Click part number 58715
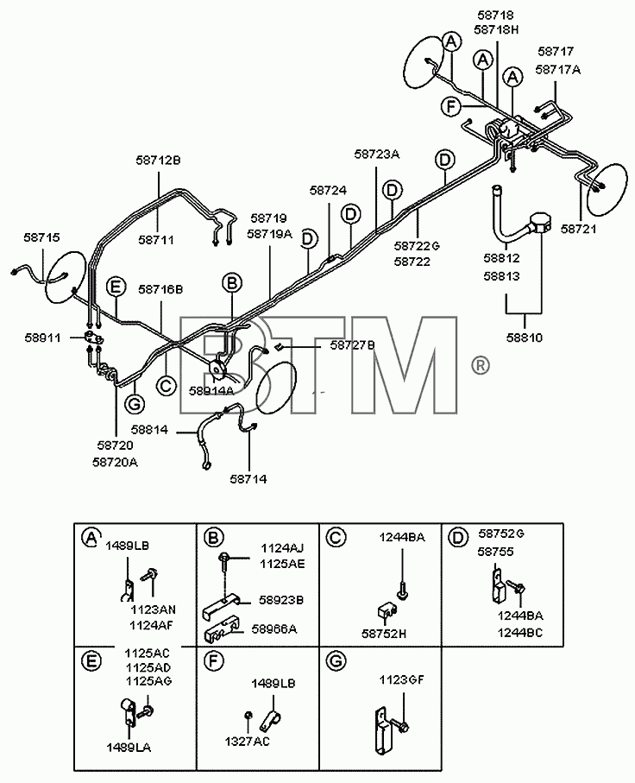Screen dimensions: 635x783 (x=41, y=237)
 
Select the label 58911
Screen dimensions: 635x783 (x=43, y=338)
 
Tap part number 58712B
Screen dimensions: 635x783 (x=158, y=161)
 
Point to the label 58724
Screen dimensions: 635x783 (x=328, y=190)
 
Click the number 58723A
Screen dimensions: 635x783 (x=377, y=154)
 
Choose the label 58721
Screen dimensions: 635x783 (x=579, y=229)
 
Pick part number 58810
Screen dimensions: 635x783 (x=525, y=338)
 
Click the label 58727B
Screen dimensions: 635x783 (x=353, y=345)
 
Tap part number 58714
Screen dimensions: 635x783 (x=248, y=479)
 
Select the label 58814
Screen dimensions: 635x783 (x=150, y=429)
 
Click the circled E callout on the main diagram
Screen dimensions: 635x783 (x=116, y=287)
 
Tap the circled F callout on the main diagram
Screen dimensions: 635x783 (x=450, y=106)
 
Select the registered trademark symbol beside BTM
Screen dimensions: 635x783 (x=481, y=365)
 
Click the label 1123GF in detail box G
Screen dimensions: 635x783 (x=401, y=679)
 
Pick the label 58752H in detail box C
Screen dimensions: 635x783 (x=384, y=634)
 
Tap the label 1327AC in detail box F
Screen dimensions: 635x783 (x=247, y=742)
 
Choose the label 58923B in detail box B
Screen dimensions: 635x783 (x=281, y=600)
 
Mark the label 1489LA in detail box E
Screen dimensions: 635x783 (x=129, y=748)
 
